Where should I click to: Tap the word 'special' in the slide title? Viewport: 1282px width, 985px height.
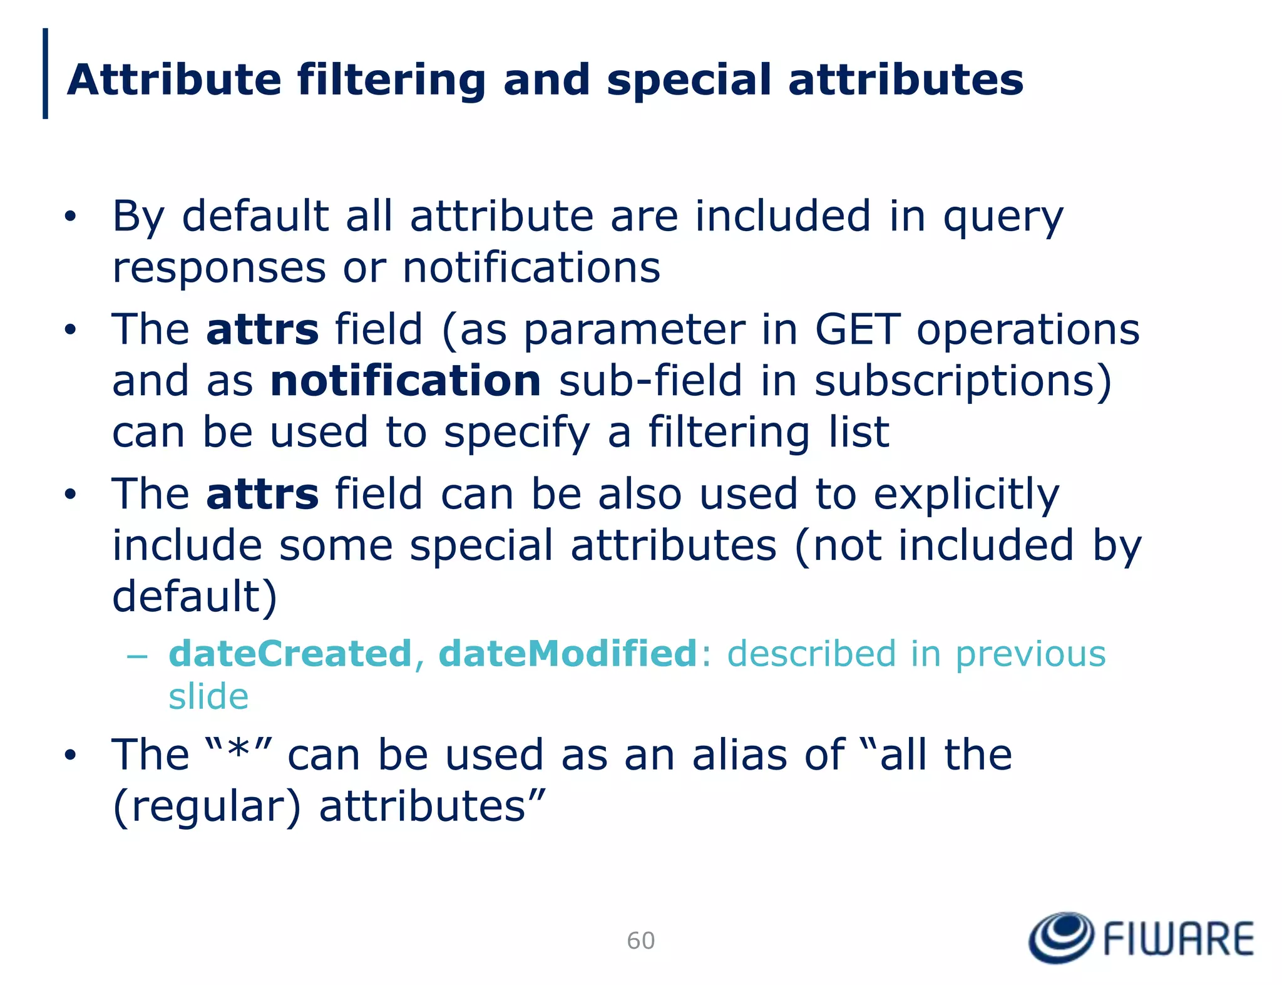[x=689, y=81]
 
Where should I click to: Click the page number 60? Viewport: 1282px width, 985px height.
[x=640, y=941]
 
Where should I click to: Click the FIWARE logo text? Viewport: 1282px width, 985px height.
[x=1178, y=939]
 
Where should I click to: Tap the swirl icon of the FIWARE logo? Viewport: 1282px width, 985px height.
[x=1062, y=937]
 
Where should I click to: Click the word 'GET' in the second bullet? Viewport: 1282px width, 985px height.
[x=857, y=330]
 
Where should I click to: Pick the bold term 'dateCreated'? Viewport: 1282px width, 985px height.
[x=290, y=654]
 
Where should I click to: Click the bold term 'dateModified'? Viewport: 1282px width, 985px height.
[x=568, y=654]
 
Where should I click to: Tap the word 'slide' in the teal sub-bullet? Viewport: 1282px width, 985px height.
[x=208, y=696]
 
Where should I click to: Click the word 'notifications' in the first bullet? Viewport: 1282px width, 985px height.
[x=531, y=268]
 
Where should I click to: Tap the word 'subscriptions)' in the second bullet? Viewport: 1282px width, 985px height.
[x=963, y=382]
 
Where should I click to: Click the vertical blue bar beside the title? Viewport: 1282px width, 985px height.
[x=45, y=73]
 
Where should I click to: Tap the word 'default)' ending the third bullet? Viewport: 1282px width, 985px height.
[x=195, y=597]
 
